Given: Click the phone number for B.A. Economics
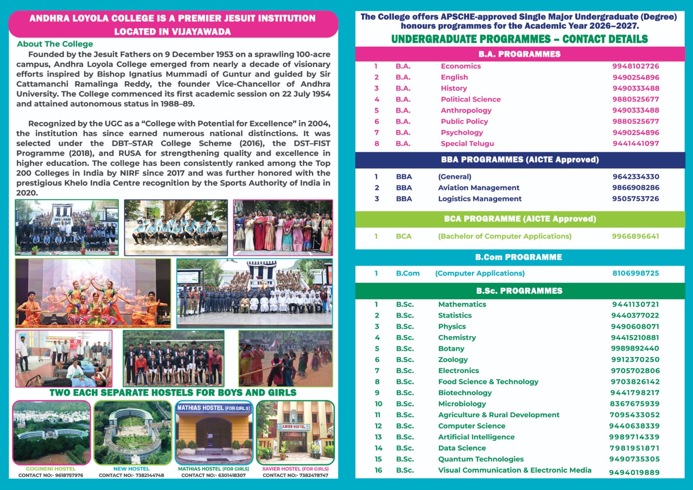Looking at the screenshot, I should (635, 66).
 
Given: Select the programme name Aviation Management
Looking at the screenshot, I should (479, 188).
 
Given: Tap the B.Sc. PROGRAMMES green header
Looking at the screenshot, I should (519, 291).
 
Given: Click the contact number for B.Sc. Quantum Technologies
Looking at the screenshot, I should (634, 459).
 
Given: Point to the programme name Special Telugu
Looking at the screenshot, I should (467, 143).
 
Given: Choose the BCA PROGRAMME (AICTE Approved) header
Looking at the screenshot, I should (520, 219).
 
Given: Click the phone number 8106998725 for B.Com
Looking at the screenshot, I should (635, 273).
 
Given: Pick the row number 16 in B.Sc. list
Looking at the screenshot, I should (379, 470).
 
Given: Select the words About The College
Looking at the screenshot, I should (55, 44).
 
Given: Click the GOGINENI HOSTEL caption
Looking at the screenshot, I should (51, 469).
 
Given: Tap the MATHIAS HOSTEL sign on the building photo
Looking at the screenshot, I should (214, 408).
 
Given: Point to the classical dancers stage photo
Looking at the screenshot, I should (93, 293).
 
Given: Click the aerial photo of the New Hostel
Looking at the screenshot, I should (132, 432).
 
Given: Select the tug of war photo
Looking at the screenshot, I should (285, 358).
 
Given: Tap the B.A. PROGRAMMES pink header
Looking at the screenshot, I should (519, 54).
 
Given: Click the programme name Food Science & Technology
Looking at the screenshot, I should (488, 382).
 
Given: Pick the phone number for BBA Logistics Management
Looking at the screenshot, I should (635, 198).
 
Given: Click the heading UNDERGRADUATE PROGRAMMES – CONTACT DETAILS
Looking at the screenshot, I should (519, 39).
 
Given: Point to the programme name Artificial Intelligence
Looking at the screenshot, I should (476, 437).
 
